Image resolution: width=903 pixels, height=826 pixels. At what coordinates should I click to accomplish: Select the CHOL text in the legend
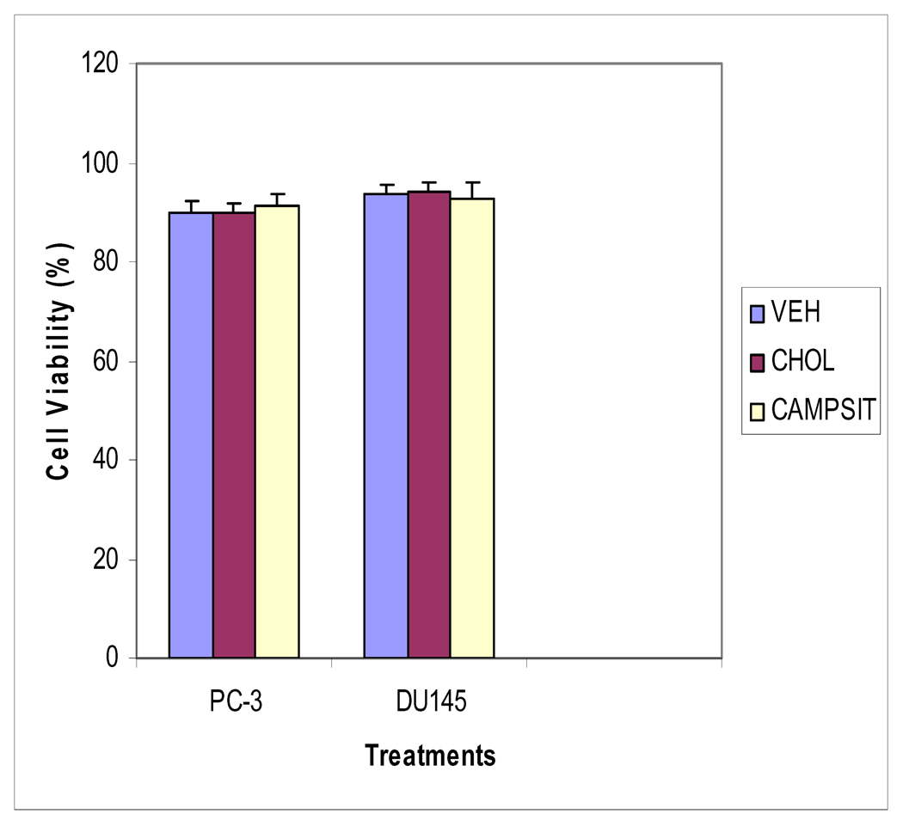click(x=803, y=363)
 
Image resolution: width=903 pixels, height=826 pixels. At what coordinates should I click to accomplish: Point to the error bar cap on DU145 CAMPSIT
click(x=472, y=182)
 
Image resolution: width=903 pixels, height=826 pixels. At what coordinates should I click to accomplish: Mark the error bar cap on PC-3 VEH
click(x=191, y=200)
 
